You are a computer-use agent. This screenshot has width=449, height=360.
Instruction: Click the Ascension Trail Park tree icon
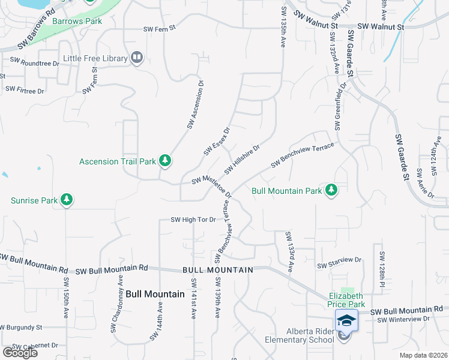tap(165, 161)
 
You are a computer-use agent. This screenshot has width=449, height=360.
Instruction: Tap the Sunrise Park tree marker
tap(67, 200)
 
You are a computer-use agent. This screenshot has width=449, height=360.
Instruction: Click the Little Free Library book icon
tap(137, 58)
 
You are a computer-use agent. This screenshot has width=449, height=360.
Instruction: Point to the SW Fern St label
tap(159, 28)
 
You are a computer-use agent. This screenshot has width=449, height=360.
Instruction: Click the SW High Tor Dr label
tap(193, 220)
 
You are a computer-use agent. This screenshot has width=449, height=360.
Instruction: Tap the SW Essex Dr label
tap(217, 140)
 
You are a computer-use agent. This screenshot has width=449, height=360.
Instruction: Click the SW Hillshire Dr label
tap(242, 159)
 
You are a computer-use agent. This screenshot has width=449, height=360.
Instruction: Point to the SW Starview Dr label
tap(340, 263)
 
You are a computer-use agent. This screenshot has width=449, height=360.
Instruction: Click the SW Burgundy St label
tap(20, 328)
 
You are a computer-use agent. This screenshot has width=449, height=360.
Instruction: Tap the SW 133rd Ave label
tap(289, 252)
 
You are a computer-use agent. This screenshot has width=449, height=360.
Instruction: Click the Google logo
tap(20, 352)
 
